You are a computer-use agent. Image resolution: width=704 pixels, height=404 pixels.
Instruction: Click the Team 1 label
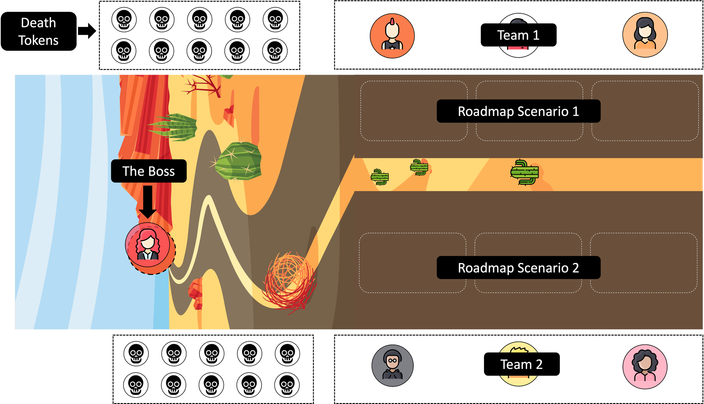click(x=518, y=35)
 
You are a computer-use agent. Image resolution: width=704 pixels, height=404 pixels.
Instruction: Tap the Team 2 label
click(x=522, y=364)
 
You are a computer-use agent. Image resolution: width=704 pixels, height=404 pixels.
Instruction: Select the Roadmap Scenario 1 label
click(x=518, y=111)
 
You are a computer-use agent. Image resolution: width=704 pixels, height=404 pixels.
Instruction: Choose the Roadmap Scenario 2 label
click(x=518, y=267)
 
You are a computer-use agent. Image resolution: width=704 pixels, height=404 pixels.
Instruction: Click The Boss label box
click(x=149, y=171)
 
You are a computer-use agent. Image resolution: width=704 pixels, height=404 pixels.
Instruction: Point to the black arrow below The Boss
click(x=148, y=201)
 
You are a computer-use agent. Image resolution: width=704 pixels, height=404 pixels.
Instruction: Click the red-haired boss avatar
click(x=148, y=245)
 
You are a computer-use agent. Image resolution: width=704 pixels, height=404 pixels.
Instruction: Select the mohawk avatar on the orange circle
click(x=392, y=36)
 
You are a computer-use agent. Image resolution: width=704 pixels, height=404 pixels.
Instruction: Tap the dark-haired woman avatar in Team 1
click(x=645, y=35)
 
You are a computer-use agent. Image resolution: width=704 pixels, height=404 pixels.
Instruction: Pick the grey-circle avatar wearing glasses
click(x=392, y=365)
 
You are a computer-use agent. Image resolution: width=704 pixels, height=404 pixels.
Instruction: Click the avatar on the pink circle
click(x=645, y=367)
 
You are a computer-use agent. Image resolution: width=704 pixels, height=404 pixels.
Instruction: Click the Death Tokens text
click(x=38, y=31)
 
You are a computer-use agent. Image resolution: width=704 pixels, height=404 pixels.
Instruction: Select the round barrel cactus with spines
click(x=239, y=161)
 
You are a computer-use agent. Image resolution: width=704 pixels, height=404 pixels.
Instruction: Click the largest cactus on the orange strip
click(x=525, y=172)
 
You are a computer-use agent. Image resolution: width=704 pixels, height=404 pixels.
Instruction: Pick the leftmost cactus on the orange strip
click(x=380, y=177)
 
